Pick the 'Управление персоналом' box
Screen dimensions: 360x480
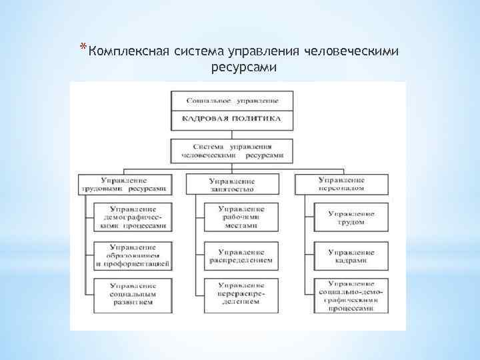[x=341, y=184]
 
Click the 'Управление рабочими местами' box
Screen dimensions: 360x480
[x=241, y=217]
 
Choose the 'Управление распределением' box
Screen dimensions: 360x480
[x=241, y=256]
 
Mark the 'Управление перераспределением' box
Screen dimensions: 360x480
[x=241, y=294]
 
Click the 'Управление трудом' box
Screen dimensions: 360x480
[x=351, y=217]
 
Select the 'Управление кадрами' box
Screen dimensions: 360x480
[x=351, y=256]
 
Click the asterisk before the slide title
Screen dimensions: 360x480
[x=82, y=47]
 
